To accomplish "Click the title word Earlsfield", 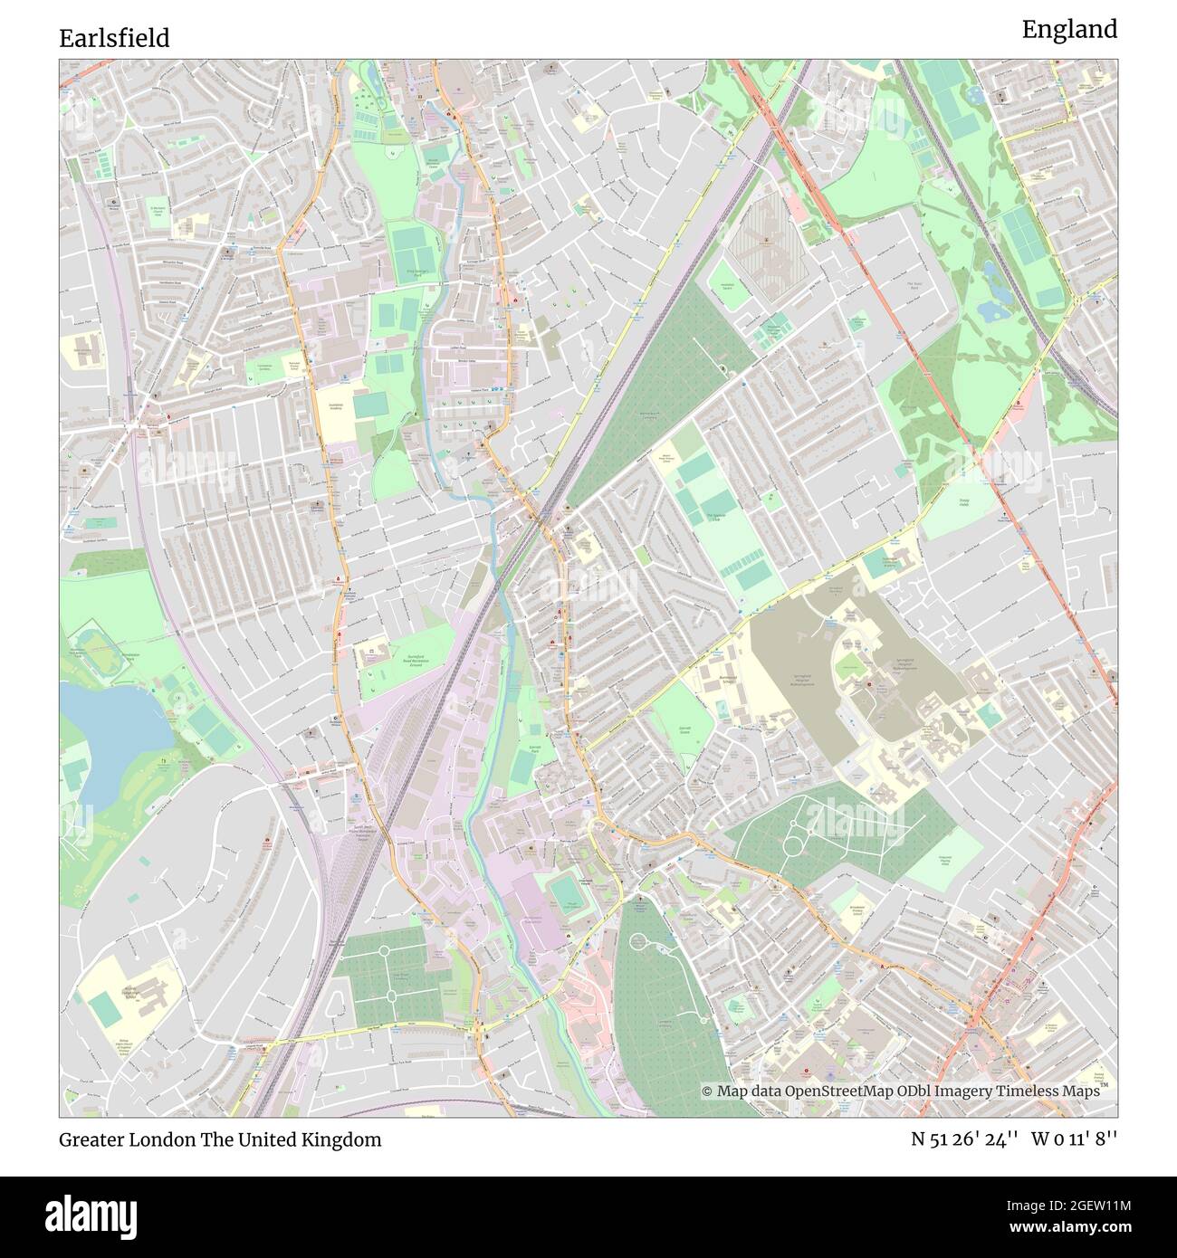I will pos(114,38).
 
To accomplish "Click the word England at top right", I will pos(1069,30).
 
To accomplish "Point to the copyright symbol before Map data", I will pos(708,1091).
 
